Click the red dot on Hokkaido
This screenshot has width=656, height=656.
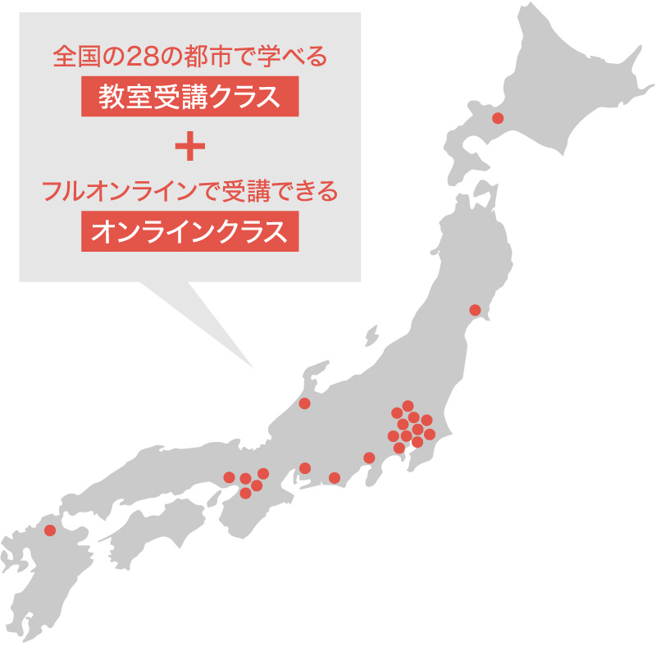tap(497, 119)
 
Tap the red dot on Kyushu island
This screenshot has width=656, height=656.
tap(50, 530)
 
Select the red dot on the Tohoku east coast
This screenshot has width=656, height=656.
tap(475, 310)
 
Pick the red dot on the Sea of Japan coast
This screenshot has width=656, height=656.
tap(305, 403)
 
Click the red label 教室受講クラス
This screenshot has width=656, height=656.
tap(189, 97)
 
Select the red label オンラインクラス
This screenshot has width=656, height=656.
tap(189, 231)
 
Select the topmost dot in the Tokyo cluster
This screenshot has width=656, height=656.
tap(408, 405)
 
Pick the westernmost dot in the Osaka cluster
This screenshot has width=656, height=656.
tap(229, 477)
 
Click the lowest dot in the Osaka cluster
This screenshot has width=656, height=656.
tap(245, 493)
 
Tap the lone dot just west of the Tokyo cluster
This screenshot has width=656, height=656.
tap(369, 458)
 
